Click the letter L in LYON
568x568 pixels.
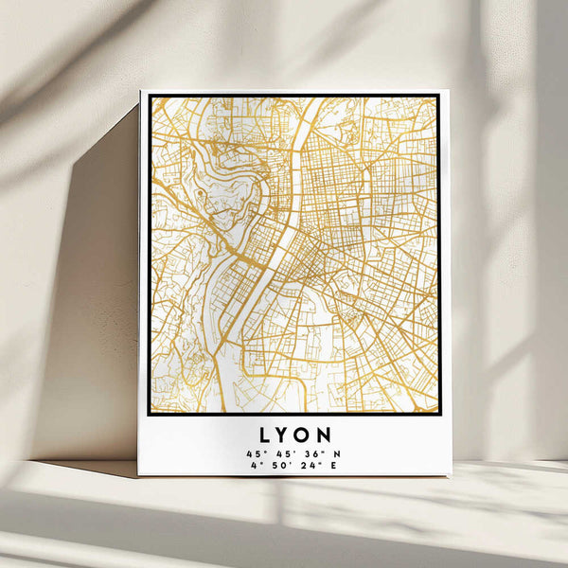tap(263, 435)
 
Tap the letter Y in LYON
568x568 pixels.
tap(283, 435)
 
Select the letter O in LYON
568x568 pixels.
tap(303, 435)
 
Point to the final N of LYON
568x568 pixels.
tap(325, 435)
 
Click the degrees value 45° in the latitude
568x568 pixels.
tap(255, 453)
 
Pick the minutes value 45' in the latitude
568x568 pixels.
tap(282, 453)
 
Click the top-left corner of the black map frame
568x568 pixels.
tap(149, 95)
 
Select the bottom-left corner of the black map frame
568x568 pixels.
tap(149, 415)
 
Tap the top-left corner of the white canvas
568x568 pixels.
tap(140, 91)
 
